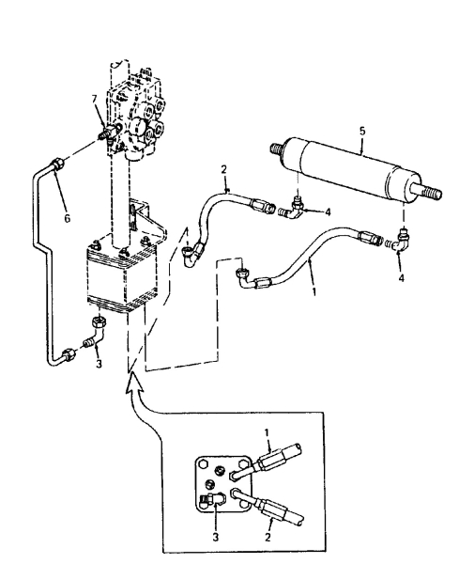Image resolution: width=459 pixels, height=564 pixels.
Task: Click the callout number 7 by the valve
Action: [x=94, y=101]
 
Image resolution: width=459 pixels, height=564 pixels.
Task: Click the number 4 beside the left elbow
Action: [x=327, y=213]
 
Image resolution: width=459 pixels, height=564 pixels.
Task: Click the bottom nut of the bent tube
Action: [x=69, y=356]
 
